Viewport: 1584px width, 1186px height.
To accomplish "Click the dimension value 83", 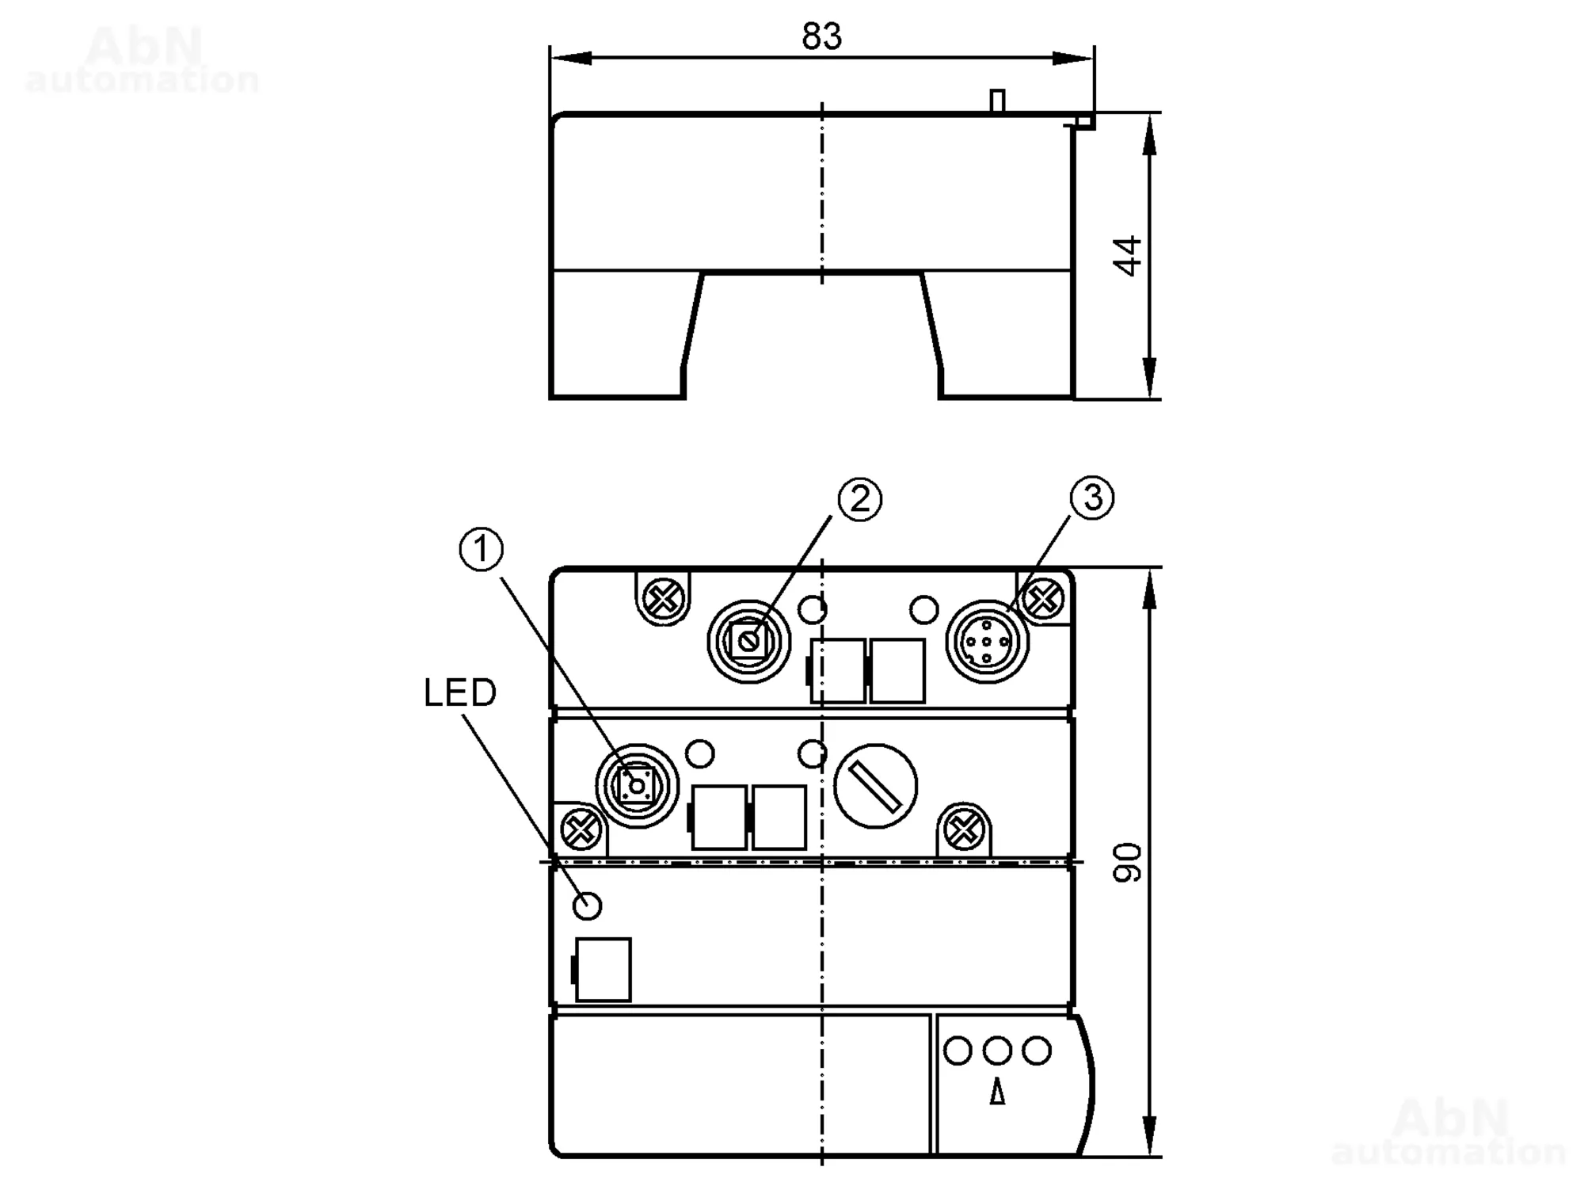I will (821, 36).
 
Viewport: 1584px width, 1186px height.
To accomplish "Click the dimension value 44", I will (1127, 255).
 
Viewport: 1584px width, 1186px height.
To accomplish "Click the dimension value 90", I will (1127, 862).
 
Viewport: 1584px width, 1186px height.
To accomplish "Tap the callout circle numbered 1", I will (482, 550).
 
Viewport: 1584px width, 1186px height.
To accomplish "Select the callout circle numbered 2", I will (859, 499).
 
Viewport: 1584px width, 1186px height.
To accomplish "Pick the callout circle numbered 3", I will (1092, 498).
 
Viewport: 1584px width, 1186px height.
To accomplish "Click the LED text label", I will (459, 693).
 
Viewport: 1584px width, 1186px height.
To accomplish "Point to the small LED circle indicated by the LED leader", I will (587, 905).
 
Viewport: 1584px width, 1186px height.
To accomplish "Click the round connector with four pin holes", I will (987, 642).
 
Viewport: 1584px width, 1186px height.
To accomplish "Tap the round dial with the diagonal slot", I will (875, 786).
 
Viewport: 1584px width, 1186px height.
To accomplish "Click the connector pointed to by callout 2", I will (748, 641).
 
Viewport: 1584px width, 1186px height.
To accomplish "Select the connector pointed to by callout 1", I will (637, 786).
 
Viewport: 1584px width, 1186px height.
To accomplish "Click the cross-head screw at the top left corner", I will (664, 598).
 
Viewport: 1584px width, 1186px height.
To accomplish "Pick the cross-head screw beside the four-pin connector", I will (1043, 599).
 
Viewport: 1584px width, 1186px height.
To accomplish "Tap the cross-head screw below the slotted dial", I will (963, 830).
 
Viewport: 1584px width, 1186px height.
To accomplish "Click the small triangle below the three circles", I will (997, 1094).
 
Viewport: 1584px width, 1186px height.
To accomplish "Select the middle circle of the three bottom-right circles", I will (997, 1051).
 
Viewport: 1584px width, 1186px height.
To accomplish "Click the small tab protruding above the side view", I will (998, 101).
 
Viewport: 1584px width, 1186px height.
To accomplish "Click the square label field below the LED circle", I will (604, 970).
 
